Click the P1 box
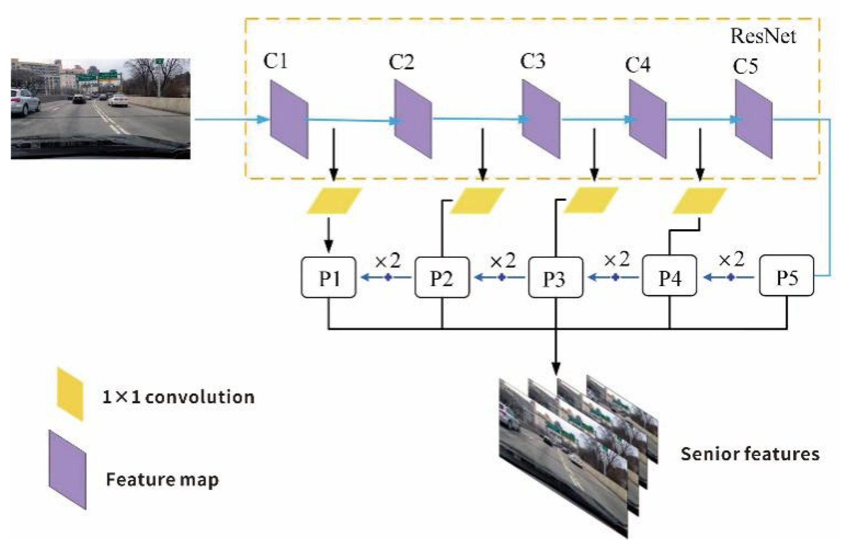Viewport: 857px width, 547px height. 329,277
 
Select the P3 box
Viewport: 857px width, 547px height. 555,277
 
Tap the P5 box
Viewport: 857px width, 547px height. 786,276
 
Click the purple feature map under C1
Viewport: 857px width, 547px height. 289,119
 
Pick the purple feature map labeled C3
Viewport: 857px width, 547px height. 541,119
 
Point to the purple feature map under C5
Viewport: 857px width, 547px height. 753,119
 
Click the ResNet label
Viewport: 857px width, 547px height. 763,37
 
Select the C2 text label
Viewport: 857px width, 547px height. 401,62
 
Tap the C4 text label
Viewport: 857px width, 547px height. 637,65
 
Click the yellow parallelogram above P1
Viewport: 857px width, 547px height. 334,201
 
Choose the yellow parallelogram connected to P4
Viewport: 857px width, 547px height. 700,201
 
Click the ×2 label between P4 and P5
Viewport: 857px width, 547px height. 731,260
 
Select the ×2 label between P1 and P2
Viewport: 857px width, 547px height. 388,261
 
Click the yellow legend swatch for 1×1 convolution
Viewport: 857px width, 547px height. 70,394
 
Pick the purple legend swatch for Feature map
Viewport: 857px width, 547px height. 67,470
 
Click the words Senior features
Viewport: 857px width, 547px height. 750,454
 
